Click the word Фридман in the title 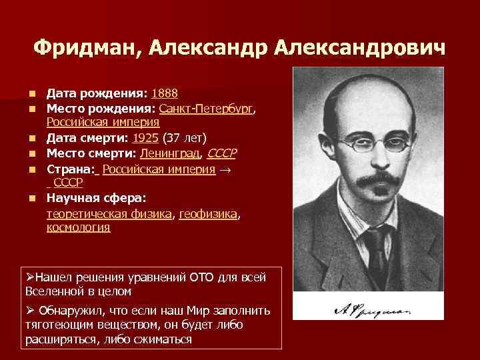(x=87, y=47)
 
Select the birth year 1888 (x=165, y=93)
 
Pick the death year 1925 (x=145, y=137)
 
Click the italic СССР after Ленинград (x=222, y=152)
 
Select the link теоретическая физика (x=109, y=213)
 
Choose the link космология (x=78, y=227)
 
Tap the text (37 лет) (x=184, y=137)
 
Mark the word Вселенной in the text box (x=53, y=291)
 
